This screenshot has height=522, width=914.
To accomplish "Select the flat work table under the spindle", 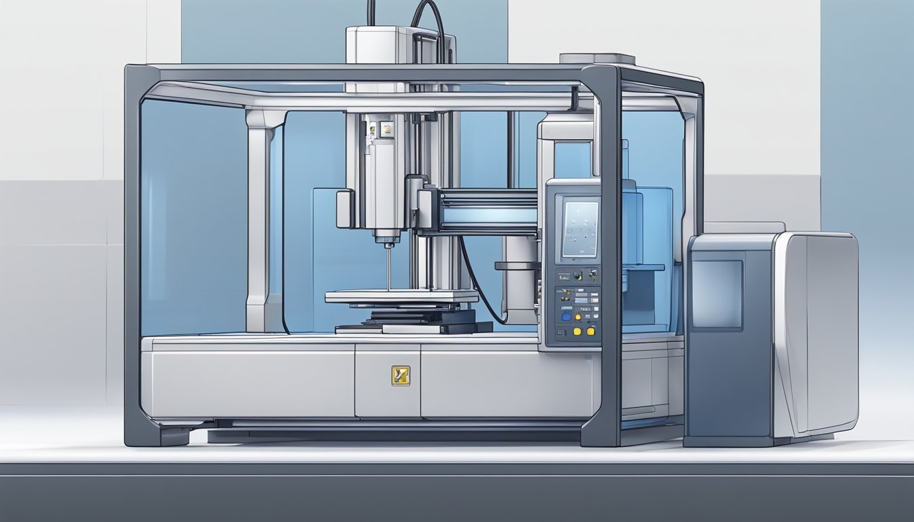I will click(x=401, y=296).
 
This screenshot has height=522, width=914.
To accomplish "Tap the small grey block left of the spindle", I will click(x=345, y=208).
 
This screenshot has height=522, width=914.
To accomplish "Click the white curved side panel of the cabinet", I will click(x=816, y=333).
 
